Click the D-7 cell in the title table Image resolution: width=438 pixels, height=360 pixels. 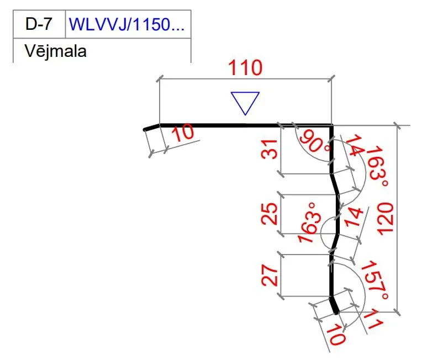point(39,24)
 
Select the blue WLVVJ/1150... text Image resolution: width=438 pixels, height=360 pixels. point(126,24)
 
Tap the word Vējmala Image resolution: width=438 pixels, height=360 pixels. point(56,51)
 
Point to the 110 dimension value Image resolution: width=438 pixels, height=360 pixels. point(246,68)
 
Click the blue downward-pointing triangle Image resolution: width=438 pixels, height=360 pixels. point(245,103)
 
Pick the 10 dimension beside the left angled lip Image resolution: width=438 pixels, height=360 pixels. point(183,133)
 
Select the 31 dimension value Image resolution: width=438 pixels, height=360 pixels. point(270,150)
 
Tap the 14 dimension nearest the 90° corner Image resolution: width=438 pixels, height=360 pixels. point(353,146)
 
